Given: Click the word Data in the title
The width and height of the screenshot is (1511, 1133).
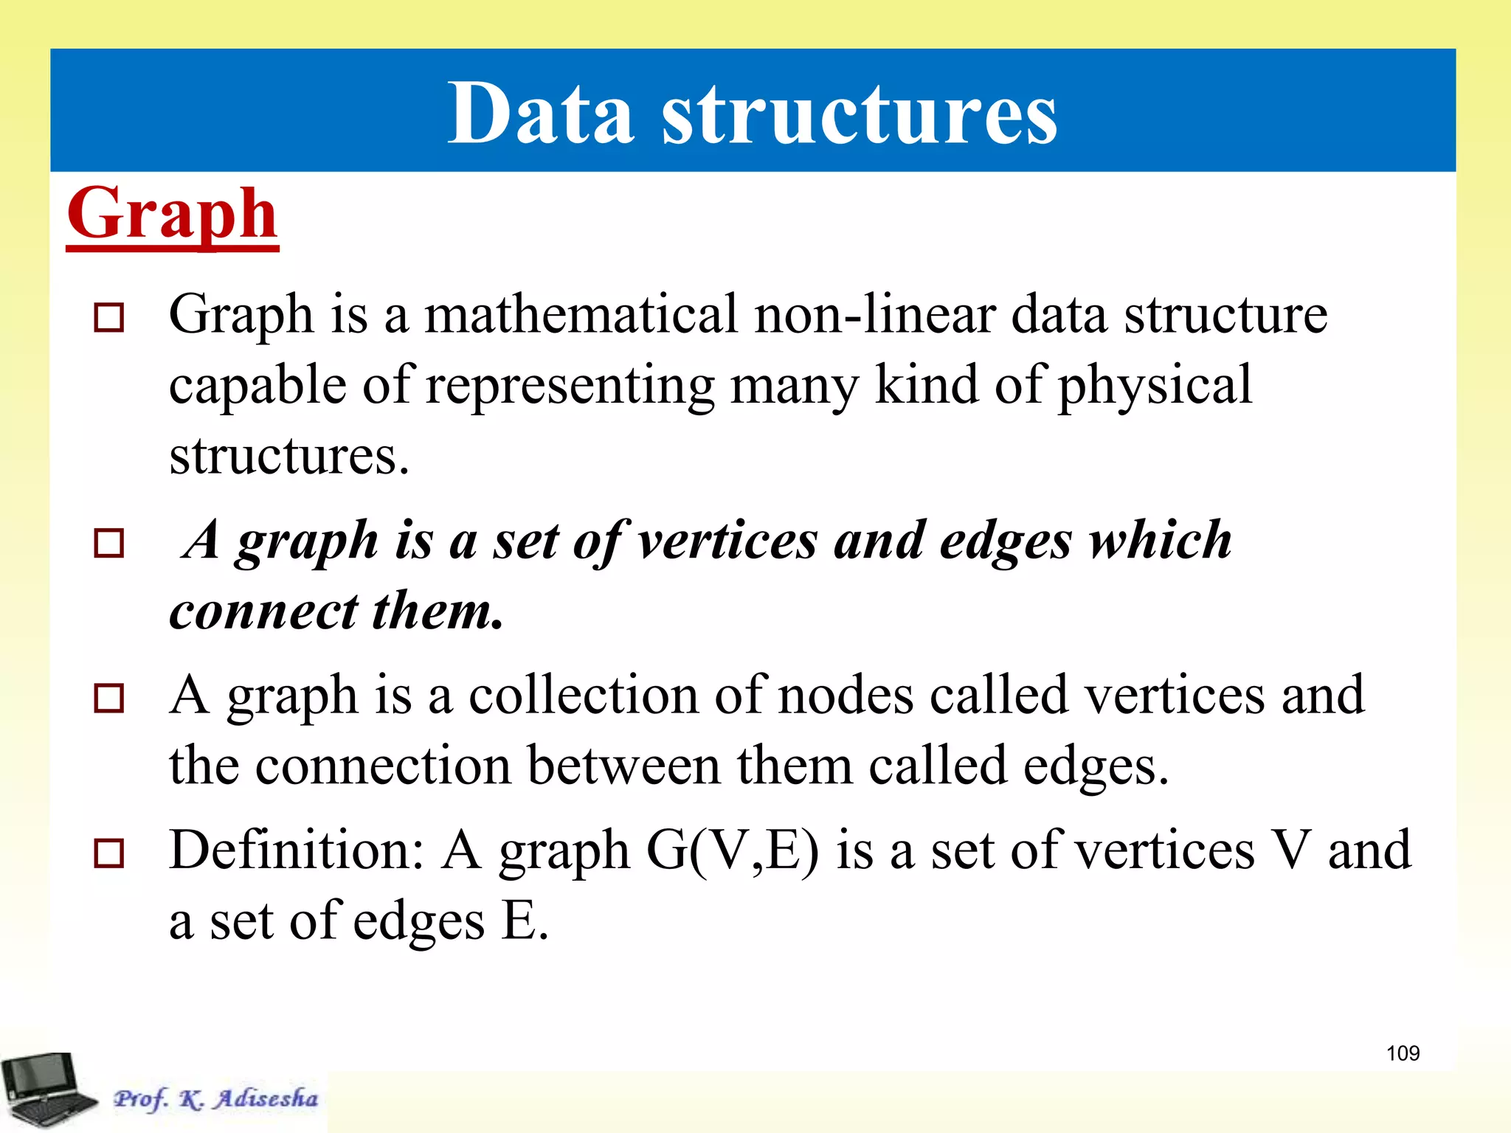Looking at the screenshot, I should (x=541, y=114).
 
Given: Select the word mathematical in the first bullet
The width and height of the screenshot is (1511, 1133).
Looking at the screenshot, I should (x=581, y=314).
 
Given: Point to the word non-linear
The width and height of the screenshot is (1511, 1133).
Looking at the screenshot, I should (x=874, y=314).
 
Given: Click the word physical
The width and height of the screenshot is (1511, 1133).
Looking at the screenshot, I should (x=1155, y=385).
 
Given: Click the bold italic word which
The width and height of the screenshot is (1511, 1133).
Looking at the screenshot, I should (x=1161, y=540).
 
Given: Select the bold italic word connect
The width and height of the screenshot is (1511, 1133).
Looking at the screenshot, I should (x=263, y=611).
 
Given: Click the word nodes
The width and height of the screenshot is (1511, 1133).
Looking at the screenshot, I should (x=846, y=696).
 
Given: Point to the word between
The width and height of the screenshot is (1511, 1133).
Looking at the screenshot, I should (x=624, y=766).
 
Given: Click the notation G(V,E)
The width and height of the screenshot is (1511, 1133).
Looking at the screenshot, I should (x=733, y=850).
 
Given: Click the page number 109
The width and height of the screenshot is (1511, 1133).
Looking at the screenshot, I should (x=1403, y=1053).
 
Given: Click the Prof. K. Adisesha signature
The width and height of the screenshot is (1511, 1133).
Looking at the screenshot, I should (x=216, y=1098).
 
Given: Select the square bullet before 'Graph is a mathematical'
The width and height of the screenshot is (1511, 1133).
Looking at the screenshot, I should (x=109, y=318).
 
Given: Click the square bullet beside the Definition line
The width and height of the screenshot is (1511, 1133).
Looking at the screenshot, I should (x=109, y=853).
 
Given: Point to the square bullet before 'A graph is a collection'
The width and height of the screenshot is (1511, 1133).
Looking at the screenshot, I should (x=109, y=698).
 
